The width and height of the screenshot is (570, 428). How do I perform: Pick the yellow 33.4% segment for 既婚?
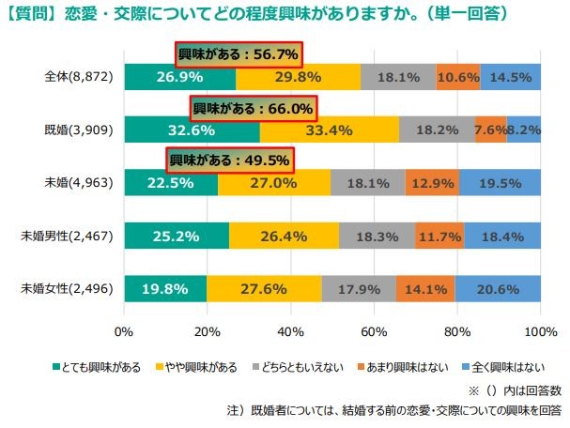click(329, 130)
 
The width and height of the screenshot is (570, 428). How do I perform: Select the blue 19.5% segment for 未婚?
click(500, 183)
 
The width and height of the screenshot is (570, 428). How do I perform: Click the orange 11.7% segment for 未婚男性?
click(439, 236)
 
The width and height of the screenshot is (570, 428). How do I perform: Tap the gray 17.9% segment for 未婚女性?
click(359, 289)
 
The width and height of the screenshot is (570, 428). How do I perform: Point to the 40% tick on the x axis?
click(290, 332)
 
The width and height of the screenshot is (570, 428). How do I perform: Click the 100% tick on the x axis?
click(540, 332)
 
